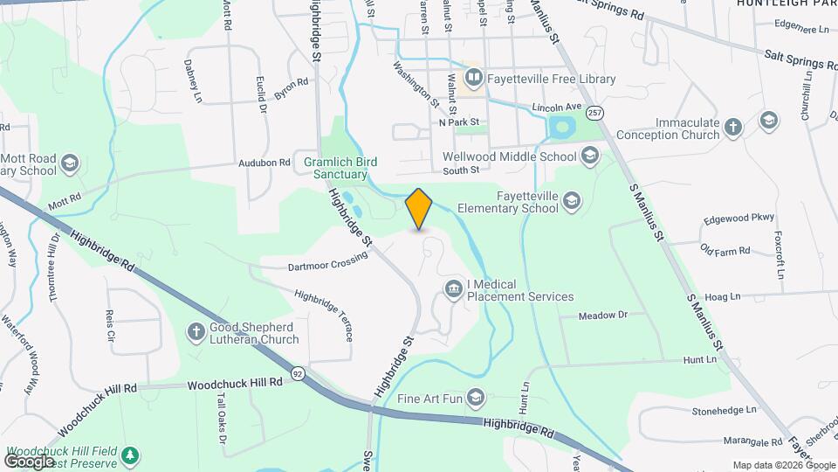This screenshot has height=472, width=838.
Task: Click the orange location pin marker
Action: coord(419,208)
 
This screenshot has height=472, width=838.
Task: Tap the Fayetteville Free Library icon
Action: coord(474,79)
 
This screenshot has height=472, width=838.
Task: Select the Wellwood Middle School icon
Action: coord(590,156)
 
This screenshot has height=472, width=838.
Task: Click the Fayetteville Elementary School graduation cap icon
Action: coord(572,203)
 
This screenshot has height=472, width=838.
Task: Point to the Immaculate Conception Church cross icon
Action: coord(733,128)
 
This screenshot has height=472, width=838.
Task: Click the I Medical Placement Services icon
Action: coord(454,289)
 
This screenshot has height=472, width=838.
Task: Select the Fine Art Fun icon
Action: coord(476,399)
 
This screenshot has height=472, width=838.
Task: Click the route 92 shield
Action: coord(299,372)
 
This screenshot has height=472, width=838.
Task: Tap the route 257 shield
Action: coord(594,114)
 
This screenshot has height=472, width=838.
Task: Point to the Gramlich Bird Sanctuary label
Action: coord(335,168)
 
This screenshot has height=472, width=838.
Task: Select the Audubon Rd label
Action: coord(264,163)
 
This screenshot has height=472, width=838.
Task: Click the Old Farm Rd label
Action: coord(725,251)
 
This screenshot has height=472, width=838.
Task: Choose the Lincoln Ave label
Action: coord(556,107)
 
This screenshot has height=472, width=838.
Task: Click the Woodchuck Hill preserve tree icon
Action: coord(130,455)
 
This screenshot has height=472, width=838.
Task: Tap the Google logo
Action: coord(30,461)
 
